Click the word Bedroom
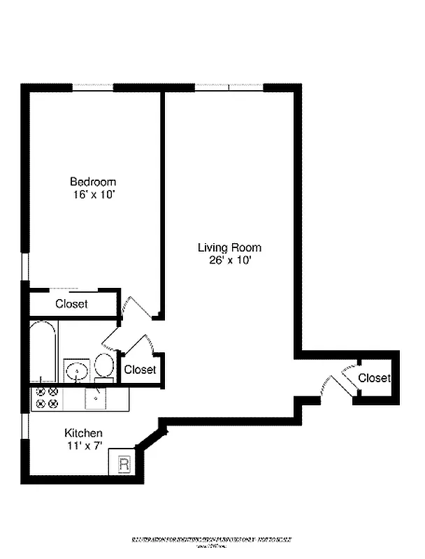tap(93, 182)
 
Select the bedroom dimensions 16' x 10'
tap(93, 196)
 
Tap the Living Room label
tap(229, 247)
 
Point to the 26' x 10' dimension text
tap(229, 261)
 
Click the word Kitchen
tap(84, 433)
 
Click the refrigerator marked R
tap(124, 463)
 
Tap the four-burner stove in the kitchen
tap(47, 398)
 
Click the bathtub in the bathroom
tap(43, 351)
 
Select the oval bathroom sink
tap(77, 369)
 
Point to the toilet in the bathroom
tap(104, 366)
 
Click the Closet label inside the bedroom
tap(72, 304)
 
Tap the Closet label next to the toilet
tap(140, 370)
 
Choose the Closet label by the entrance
tap(374, 378)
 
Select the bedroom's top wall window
tap(92, 87)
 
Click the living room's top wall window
tap(229, 87)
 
